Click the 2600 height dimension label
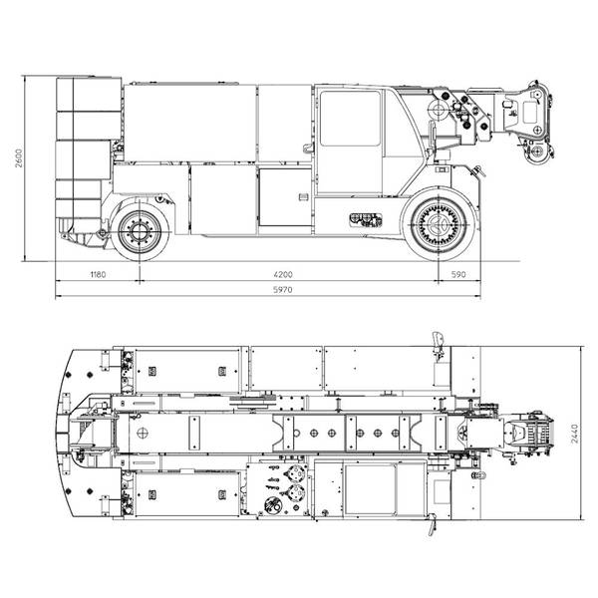coord(19,157)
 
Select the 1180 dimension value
coord(98,274)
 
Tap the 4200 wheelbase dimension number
coord(283,274)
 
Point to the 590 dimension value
coord(458,274)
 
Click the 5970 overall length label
coord(283,290)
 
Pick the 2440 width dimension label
coord(575,434)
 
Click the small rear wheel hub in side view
coord(140,231)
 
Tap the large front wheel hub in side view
coord(439,224)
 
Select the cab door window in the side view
coord(350,118)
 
